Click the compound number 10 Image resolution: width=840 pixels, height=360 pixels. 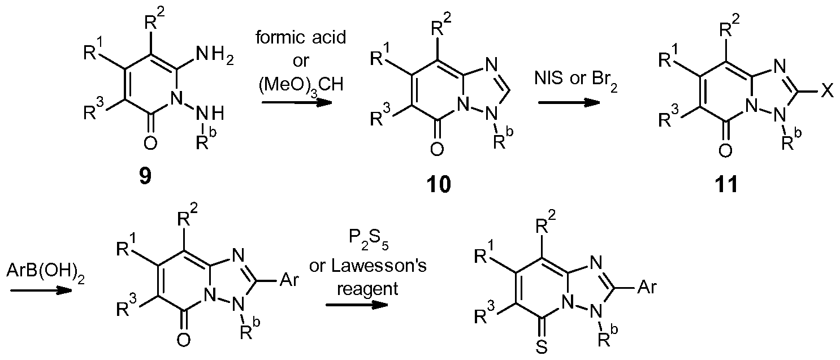point(439,184)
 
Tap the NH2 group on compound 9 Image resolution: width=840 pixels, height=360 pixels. point(214,59)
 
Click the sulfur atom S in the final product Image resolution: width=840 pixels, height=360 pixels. point(541,347)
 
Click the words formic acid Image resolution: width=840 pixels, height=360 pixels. point(301,37)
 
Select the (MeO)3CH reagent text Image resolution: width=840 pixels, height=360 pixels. point(301,85)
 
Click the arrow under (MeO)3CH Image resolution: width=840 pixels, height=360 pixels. point(297,102)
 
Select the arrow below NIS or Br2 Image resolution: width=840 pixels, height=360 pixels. point(569,102)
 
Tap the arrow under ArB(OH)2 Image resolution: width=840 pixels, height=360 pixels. point(41,290)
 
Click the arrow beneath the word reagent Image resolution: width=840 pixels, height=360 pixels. point(357,305)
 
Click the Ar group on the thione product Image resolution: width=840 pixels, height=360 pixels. point(647,287)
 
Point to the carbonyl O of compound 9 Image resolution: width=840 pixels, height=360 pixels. point(150,144)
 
